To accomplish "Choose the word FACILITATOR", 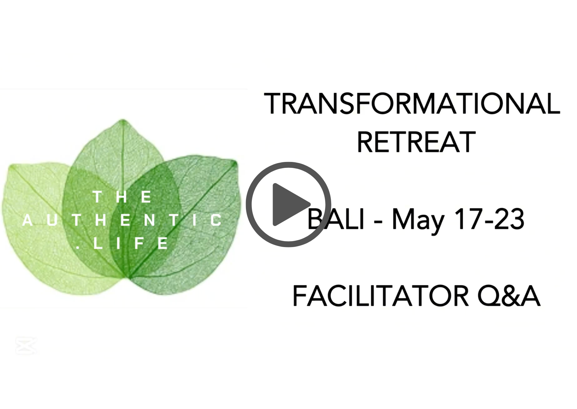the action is [x=381, y=296].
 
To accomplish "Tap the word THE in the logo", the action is [x=122, y=197].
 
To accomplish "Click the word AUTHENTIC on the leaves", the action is [x=122, y=220].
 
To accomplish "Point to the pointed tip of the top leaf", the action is [x=123, y=120].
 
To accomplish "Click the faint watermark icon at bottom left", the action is [x=26, y=346].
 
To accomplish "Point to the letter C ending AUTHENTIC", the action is [x=216, y=220].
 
